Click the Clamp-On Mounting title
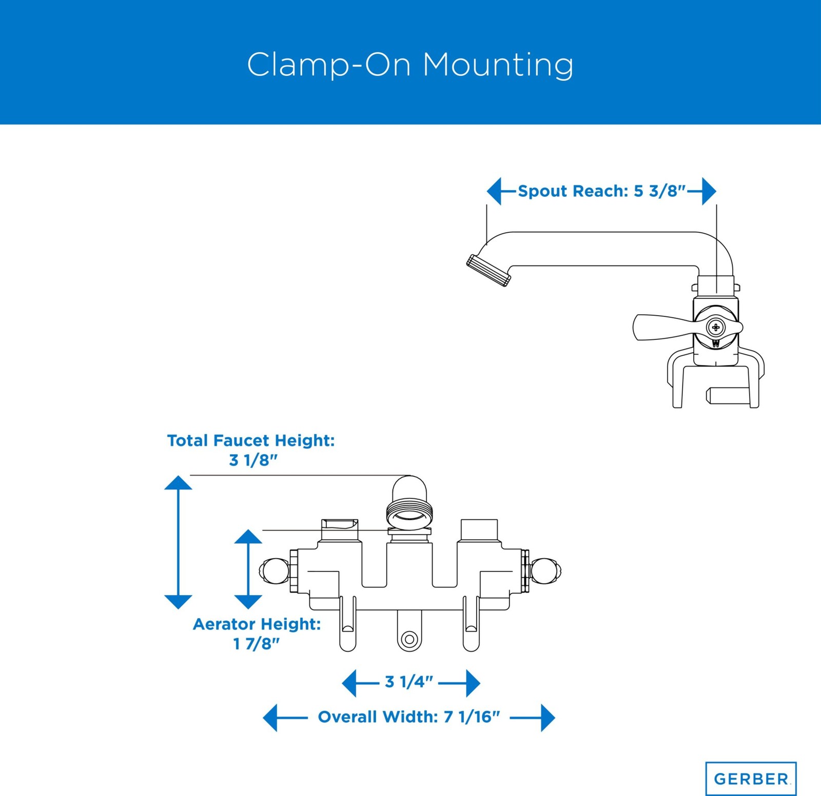coord(410,65)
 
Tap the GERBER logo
coord(751,779)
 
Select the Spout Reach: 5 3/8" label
coord(601,191)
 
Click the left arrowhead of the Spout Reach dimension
coord(494,191)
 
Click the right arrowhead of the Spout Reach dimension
coord(709,191)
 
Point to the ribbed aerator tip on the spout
coord(488,270)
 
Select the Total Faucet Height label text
coord(251,440)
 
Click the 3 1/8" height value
coord(253,460)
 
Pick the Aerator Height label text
coord(257,624)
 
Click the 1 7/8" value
coord(256,644)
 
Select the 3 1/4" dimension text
coord(409,682)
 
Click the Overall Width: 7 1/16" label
coord(408,717)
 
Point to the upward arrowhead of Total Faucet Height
coord(178,482)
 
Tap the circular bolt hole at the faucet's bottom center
coord(409,639)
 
